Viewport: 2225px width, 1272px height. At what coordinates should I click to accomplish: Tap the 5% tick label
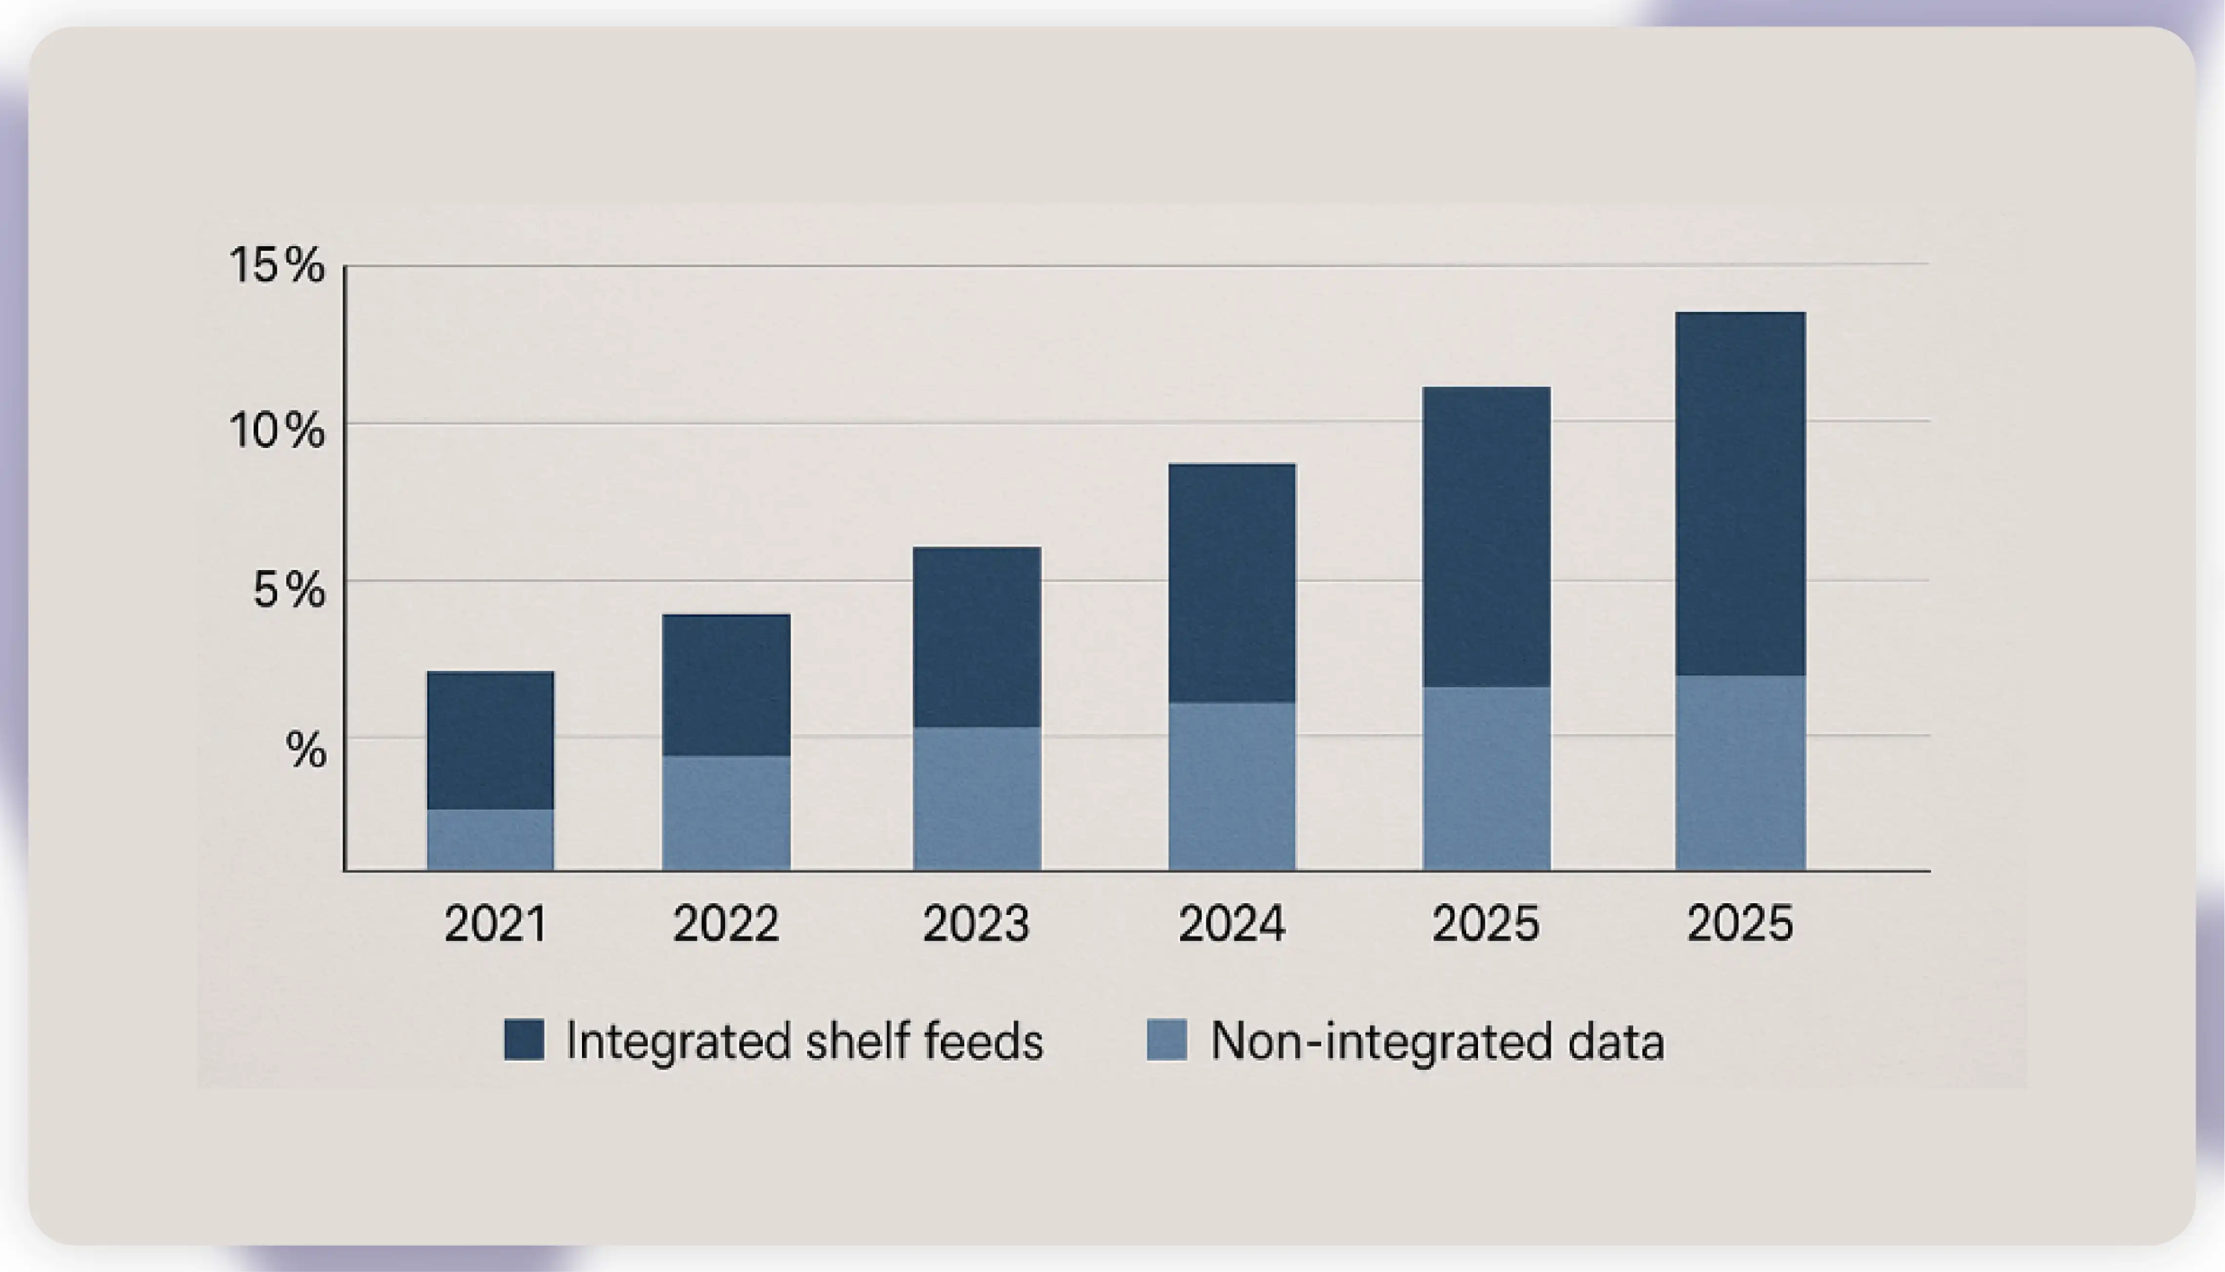(288, 591)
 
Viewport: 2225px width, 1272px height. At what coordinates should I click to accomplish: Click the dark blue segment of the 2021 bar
(490, 740)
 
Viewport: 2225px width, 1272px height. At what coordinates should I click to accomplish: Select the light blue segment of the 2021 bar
(490, 840)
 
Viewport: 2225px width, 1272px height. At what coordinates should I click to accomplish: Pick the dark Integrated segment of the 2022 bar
(726, 685)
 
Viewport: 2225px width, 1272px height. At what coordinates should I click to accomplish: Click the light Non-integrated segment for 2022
(726, 812)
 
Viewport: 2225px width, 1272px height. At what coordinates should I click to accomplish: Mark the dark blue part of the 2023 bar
(977, 637)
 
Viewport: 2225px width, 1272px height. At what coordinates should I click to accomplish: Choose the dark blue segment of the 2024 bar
(1232, 583)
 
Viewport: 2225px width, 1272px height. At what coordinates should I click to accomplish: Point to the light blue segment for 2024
(1232, 786)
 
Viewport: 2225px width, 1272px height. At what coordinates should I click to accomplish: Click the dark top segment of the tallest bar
(1740, 493)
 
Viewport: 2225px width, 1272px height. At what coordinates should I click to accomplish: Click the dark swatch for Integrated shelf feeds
(524, 1039)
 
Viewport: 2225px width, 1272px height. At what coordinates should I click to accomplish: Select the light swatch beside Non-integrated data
(1166, 1039)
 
